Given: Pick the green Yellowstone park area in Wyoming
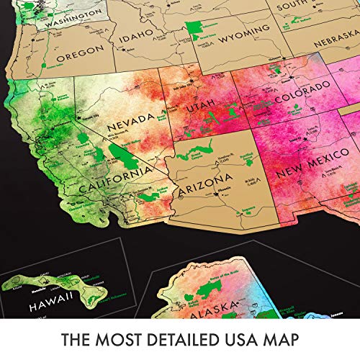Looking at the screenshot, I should point(193,28).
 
